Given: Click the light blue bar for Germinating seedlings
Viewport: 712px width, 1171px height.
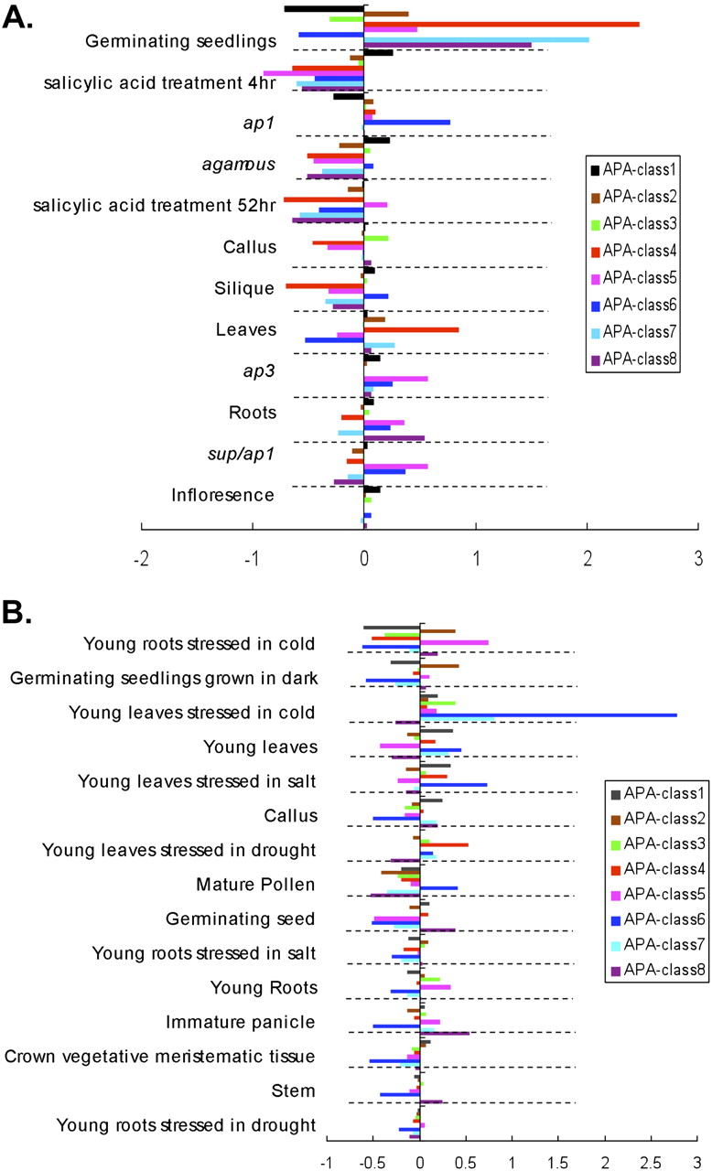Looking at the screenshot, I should click(476, 39).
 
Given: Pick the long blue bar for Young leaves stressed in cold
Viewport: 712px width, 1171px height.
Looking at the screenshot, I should click(548, 715).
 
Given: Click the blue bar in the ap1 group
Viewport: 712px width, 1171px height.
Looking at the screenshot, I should click(407, 122).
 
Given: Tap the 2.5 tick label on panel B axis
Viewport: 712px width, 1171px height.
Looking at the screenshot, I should click(651, 1162).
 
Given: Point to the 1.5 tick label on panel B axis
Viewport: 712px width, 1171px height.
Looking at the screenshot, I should click(557, 1162).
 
